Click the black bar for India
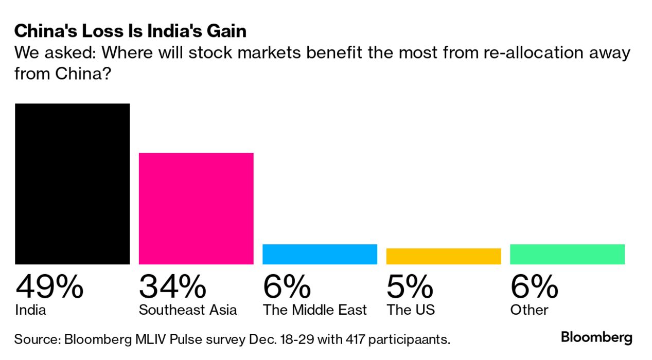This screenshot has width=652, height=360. pyautogui.click(x=72, y=184)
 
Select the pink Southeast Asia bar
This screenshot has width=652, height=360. pyautogui.click(x=196, y=208)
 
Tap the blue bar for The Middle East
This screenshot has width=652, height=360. pyautogui.click(x=320, y=254)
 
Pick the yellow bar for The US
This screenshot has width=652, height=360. pyautogui.click(x=443, y=256)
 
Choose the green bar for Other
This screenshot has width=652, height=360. pyautogui.click(x=567, y=254)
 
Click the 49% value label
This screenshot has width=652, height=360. pyautogui.click(x=49, y=287)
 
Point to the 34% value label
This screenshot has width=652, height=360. pyautogui.click(x=172, y=287)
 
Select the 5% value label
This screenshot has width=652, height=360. pyautogui.click(x=410, y=287)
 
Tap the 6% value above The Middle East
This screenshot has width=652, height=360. pyautogui.click(x=287, y=287)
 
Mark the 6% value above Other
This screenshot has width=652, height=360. pyautogui.click(x=534, y=287)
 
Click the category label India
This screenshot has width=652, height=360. pyautogui.click(x=30, y=310)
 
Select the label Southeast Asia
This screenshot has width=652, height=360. pyautogui.click(x=188, y=310)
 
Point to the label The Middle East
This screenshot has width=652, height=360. pyautogui.click(x=315, y=310)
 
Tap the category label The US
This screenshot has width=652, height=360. pyautogui.click(x=411, y=310)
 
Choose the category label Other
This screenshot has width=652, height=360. pyautogui.click(x=529, y=310)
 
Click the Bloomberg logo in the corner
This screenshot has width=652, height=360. pyautogui.click(x=596, y=338)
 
